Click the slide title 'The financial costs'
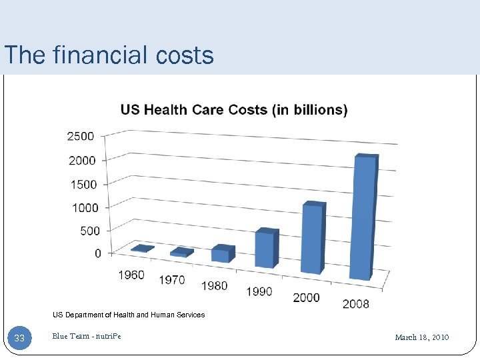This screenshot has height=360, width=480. click(x=109, y=55)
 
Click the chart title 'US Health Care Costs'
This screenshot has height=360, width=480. click(x=233, y=110)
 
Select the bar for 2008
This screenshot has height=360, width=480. click(x=363, y=217)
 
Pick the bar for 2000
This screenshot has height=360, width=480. click(x=312, y=238)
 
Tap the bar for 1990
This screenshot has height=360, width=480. click(x=265, y=248)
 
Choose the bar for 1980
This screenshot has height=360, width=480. click(x=221, y=254)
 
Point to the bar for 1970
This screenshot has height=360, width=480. click(x=180, y=252)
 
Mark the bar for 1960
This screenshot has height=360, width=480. click(x=142, y=249)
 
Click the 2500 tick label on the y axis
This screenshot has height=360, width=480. click(x=80, y=136)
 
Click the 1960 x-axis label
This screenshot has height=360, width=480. click(x=131, y=275)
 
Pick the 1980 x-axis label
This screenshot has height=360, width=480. click(x=214, y=285)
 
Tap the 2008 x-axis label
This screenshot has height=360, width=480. click(x=356, y=304)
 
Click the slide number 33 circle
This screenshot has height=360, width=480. click(x=19, y=338)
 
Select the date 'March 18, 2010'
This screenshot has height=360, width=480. click(x=422, y=337)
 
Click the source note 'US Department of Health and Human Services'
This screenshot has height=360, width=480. click(x=129, y=315)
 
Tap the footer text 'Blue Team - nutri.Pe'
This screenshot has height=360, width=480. click(x=87, y=336)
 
